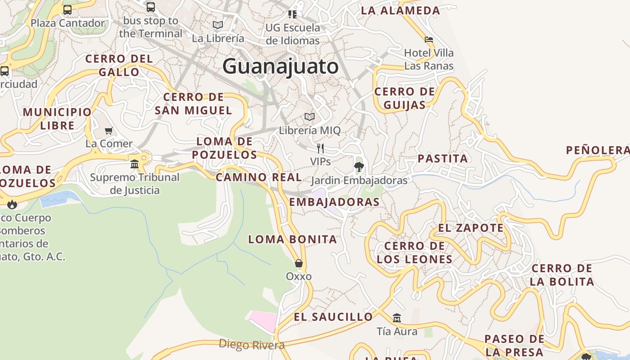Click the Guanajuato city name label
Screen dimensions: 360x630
click(280, 67)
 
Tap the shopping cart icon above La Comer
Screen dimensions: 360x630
click(108, 131)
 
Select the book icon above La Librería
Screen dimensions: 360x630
click(218, 25)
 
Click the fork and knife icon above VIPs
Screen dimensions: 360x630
click(320, 148)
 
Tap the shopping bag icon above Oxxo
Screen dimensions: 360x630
click(298, 263)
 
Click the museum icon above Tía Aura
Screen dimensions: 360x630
click(396, 318)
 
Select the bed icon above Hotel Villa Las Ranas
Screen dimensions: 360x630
click(429, 40)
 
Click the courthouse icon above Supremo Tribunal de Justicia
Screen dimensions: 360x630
click(135, 164)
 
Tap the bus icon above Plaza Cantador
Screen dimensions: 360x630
click(67, 9)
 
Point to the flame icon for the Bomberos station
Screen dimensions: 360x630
click(12, 204)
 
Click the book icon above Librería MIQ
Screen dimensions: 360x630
click(310, 117)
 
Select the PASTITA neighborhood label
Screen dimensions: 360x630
click(443, 158)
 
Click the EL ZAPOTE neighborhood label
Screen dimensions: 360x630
click(471, 228)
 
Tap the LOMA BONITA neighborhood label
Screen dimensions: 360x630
click(292, 239)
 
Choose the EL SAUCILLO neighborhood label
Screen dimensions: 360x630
click(333, 317)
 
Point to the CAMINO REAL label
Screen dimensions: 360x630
click(259, 177)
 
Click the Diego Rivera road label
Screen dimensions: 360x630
click(252, 345)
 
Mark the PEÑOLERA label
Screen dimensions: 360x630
click(598, 150)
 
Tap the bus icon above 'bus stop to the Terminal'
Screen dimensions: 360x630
click(151, 7)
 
